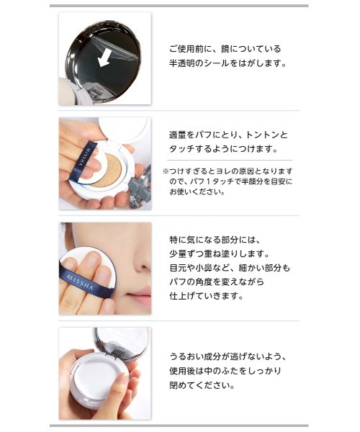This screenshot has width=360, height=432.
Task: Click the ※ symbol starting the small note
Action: click(165, 171)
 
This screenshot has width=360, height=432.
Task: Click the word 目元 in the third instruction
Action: click(177, 268)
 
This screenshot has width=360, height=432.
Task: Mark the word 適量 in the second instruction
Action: click(177, 135)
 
